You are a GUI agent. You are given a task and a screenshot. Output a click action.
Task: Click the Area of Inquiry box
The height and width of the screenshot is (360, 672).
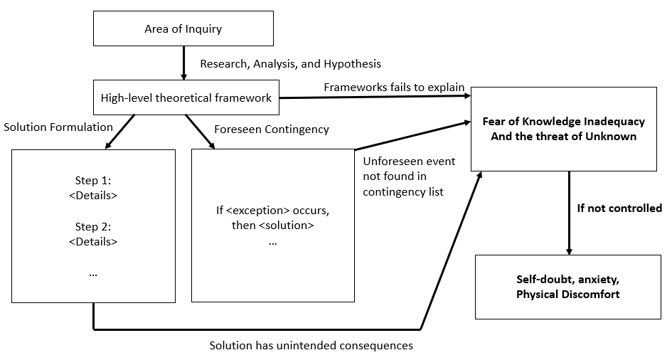point(183,28)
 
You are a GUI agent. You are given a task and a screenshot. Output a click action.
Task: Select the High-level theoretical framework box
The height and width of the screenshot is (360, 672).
point(186,97)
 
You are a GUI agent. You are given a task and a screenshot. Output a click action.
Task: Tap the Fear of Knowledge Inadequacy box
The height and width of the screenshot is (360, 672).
point(564,129)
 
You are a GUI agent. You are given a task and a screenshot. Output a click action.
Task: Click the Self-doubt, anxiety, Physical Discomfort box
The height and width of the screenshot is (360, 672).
point(568,287)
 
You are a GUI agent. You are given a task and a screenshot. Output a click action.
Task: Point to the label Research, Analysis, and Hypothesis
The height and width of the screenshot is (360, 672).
point(291,64)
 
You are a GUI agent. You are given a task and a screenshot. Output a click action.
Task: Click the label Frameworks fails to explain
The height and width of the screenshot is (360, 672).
point(394,88)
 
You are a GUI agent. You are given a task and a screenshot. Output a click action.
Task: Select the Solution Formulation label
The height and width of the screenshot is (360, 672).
point(58,127)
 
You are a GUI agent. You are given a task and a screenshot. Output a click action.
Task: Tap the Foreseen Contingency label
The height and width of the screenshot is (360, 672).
point(272,129)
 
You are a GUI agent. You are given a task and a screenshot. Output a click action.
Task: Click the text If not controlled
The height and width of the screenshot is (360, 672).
point(619,208)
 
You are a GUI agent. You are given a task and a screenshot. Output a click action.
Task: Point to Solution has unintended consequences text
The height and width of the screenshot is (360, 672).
point(311,346)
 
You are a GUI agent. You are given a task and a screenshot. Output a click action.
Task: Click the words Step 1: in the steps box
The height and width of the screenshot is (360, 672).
point(93,181)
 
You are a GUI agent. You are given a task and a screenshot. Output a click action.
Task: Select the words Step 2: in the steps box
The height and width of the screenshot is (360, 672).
point(93,227)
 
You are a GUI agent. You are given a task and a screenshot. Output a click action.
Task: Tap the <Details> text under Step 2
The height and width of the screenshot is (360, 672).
point(93,242)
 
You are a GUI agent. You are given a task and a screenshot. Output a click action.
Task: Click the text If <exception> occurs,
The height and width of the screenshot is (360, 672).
point(272,211)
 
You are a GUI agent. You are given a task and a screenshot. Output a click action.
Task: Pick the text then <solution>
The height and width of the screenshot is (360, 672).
point(272,226)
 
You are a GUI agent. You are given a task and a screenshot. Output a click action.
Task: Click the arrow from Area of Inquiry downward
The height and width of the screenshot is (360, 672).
point(184,63)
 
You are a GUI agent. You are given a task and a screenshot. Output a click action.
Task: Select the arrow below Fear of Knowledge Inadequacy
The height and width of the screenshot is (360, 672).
point(569,213)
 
